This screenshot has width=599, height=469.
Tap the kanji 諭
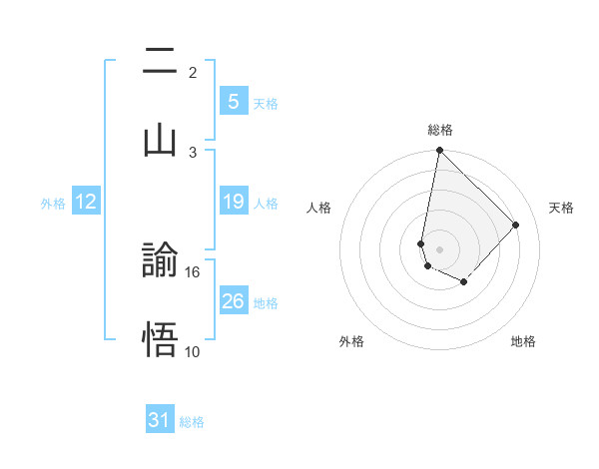160,262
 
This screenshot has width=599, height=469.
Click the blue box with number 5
233,101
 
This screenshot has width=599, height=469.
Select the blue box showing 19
233,202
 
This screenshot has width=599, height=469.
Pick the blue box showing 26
233,300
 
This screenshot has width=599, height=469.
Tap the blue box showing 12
86,202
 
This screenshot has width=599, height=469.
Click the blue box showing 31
160,420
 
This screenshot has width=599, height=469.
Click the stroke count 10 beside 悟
192,350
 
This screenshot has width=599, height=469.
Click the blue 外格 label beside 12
53,203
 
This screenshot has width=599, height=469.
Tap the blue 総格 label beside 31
192,422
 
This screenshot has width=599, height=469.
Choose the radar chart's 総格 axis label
439,131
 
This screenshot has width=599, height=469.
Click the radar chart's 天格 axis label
561,208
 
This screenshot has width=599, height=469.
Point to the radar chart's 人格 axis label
319,208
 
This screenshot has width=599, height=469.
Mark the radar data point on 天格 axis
516,225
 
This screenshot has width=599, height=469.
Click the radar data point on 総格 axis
439,151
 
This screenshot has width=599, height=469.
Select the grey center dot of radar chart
439,248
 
